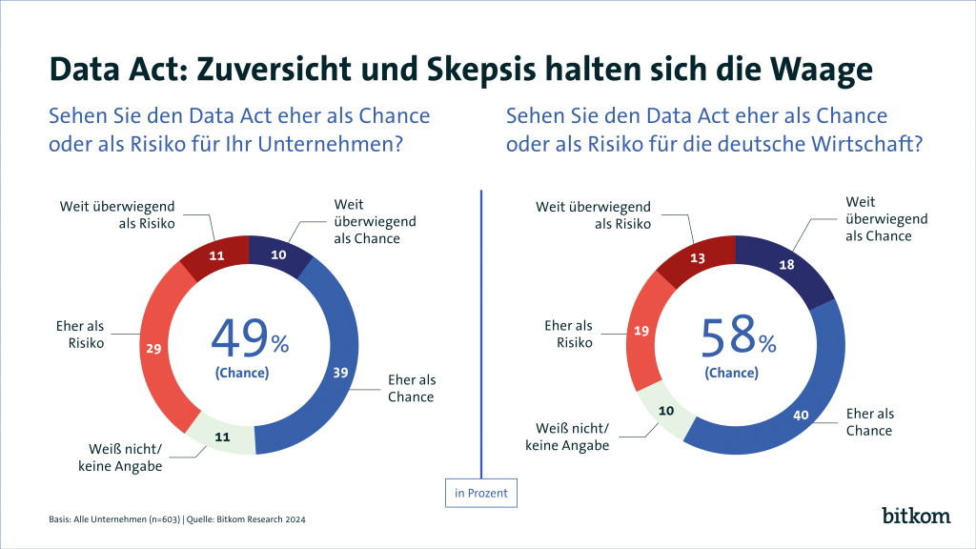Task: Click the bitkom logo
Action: (916, 516)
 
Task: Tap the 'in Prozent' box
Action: (480, 494)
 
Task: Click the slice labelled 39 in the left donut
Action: (338, 373)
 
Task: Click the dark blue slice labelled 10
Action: (279, 255)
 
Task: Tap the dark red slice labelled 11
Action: (215, 255)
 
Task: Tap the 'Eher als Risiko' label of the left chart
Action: (82, 335)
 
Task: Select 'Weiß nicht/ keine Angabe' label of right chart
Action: (570, 437)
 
